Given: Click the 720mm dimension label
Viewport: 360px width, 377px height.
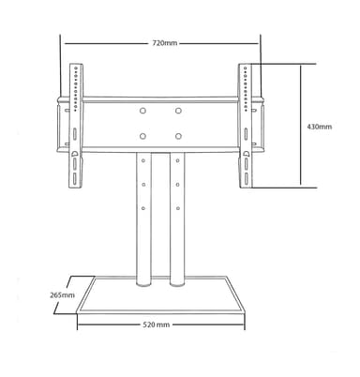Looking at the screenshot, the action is point(165,43).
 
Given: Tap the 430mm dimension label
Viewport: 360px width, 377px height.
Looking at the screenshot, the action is point(320,127).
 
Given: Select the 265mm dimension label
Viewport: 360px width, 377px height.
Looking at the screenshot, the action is point(62,294).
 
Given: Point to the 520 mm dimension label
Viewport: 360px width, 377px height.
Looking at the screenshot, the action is point(157,324).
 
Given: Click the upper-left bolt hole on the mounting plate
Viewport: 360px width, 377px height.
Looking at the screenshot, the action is point(142,111).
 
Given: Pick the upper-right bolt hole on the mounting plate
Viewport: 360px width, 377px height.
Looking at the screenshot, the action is point(178,111).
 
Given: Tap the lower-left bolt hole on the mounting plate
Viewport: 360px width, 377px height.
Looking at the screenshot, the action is point(142,136).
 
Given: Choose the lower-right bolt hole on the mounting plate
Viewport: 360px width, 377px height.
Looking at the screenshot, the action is point(178,136).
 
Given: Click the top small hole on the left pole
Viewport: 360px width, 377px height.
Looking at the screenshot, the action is point(143,160).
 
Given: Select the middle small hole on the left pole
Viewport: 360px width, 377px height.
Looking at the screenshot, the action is point(143,185).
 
